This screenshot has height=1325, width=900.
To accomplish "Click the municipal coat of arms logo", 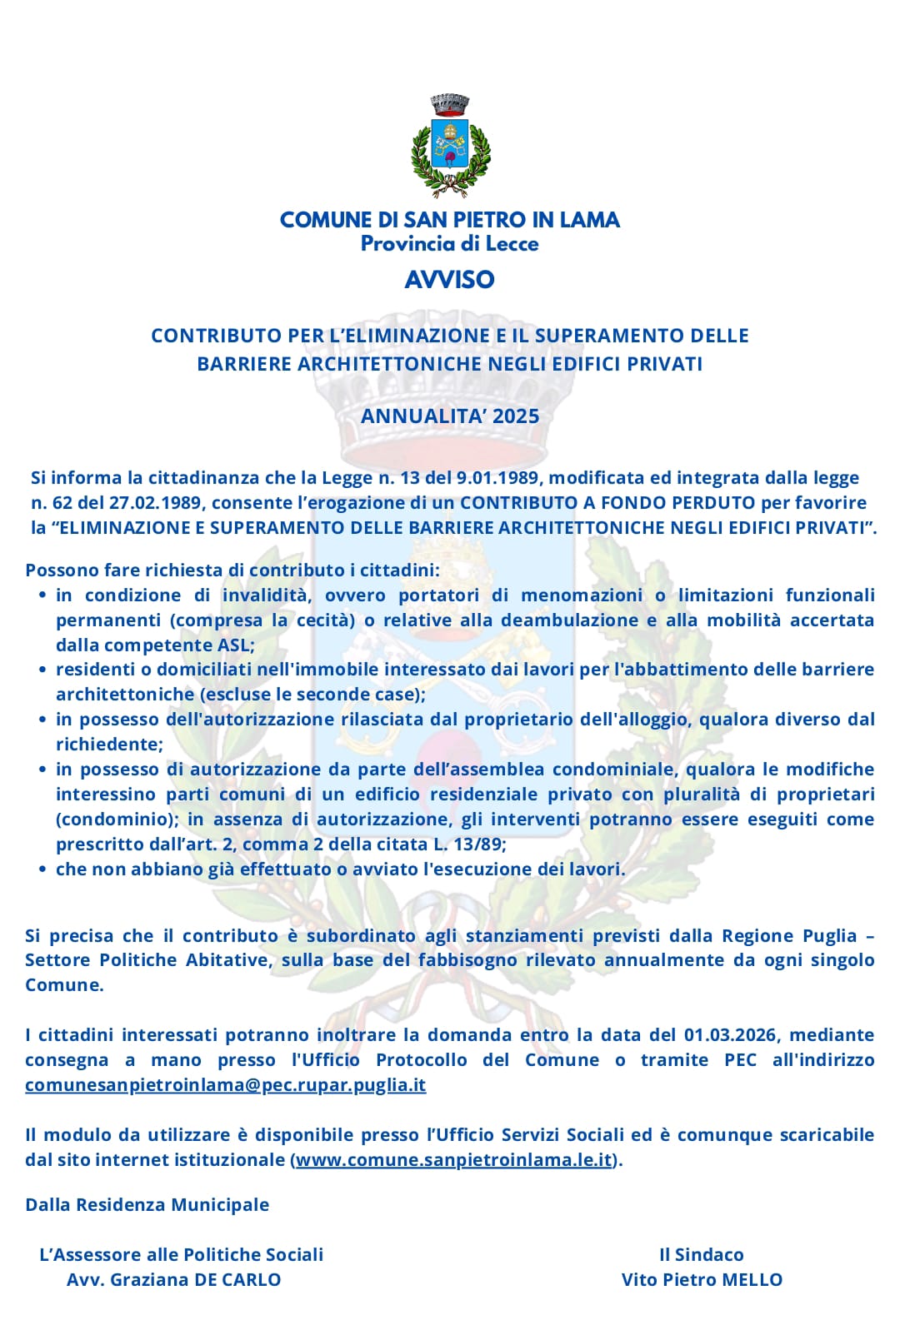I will pyautogui.click(x=450, y=146).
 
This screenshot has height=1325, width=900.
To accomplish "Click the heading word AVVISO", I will pyautogui.click(x=450, y=279).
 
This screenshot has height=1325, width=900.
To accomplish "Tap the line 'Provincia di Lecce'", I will pyautogui.click(x=450, y=244).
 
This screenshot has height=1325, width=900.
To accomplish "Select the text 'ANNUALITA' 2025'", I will pyautogui.click(x=450, y=416).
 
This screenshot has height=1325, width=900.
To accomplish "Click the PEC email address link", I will pyautogui.click(x=225, y=1085).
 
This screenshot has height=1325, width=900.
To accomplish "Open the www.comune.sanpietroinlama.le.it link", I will pyautogui.click(x=454, y=1159).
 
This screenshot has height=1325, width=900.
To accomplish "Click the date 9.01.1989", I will pyautogui.click(x=498, y=478).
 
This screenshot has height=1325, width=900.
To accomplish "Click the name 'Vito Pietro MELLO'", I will pyautogui.click(x=702, y=1280).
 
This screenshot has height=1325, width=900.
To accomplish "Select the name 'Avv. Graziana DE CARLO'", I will pyautogui.click(x=173, y=1280).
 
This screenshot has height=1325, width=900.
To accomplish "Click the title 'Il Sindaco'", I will pyautogui.click(x=701, y=1255).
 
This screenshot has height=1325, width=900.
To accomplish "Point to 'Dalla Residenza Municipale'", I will pyautogui.click(x=147, y=1205).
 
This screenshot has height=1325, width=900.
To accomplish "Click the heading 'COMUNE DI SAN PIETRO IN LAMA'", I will pyautogui.click(x=450, y=220).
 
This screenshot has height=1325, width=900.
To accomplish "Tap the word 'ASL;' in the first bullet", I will pyautogui.click(x=236, y=645).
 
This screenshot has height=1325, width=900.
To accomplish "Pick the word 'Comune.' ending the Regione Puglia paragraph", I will pyautogui.click(x=64, y=985).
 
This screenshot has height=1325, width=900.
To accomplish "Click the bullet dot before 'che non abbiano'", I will pyautogui.click(x=42, y=869).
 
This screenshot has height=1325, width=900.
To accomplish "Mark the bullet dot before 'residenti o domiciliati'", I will pyautogui.click(x=42, y=670).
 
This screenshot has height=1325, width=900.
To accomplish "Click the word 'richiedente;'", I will pyautogui.click(x=109, y=745).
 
